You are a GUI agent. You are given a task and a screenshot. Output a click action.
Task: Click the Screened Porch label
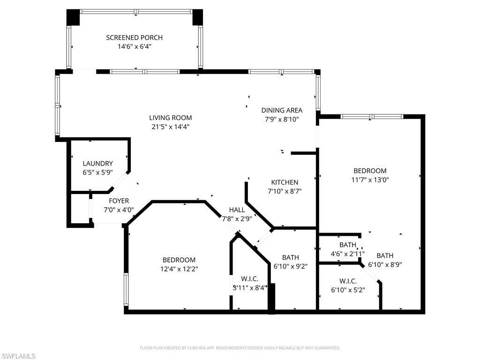135,37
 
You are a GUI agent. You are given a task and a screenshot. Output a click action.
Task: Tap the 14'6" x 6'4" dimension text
135,46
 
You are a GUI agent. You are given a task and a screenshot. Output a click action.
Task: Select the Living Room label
171,118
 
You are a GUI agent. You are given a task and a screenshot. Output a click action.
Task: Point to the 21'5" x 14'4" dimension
171,127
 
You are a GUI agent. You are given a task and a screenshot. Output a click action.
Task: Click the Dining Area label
282,110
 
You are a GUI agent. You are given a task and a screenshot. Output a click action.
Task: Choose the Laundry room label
97,164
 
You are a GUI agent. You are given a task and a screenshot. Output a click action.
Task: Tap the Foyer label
119,201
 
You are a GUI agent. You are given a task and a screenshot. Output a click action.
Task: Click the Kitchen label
285,182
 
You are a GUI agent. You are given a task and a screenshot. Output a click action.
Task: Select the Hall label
237,210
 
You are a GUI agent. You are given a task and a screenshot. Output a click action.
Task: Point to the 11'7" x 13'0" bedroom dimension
370,180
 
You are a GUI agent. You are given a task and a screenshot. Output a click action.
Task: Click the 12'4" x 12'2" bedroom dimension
179,269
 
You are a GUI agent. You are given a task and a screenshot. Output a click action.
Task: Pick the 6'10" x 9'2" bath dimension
291,266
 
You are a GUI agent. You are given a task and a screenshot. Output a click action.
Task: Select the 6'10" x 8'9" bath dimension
385,264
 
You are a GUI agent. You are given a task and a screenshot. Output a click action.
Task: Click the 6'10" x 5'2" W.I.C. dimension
348,290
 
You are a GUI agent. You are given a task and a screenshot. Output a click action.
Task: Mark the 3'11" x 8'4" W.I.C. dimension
249,287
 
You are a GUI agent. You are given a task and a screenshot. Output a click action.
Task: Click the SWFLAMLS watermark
18,356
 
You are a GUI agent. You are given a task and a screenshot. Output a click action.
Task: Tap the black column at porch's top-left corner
73,17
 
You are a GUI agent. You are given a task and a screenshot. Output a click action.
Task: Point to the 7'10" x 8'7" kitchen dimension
285,191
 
